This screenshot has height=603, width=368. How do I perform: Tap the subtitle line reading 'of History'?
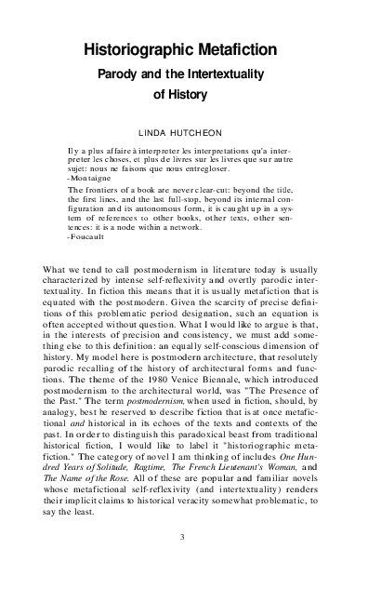pyautogui.click(x=183, y=93)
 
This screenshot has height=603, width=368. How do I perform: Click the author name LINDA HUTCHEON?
pyautogui.click(x=183, y=134)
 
